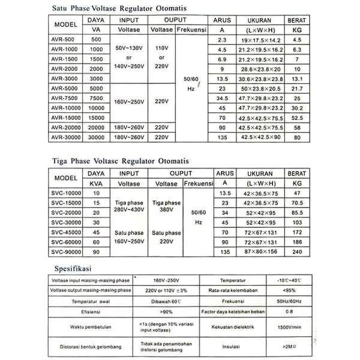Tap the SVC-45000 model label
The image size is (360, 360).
[62, 231]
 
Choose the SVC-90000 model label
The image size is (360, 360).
[62, 251]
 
